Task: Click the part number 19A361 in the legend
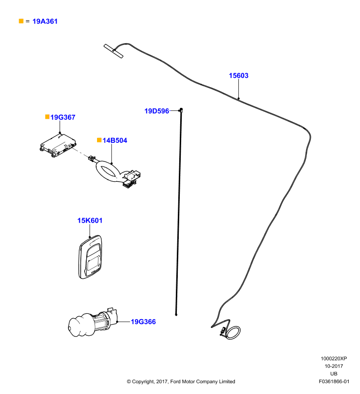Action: (45, 21)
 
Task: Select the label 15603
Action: (238, 76)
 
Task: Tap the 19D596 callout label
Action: (157, 111)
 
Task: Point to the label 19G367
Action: (63, 117)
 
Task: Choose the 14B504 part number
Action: (115, 140)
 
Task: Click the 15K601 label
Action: (90, 221)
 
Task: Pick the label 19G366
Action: (143, 322)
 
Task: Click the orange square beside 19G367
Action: (47, 117)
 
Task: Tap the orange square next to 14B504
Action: (99, 140)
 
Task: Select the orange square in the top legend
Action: (21, 21)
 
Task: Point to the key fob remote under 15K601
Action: (90, 257)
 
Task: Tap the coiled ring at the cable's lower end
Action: (237, 329)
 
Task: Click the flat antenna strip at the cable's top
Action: (114, 51)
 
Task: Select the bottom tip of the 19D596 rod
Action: (176, 315)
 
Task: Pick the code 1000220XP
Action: (333, 359)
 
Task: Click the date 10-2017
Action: (333, 366)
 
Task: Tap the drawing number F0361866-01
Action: (334, 381)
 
